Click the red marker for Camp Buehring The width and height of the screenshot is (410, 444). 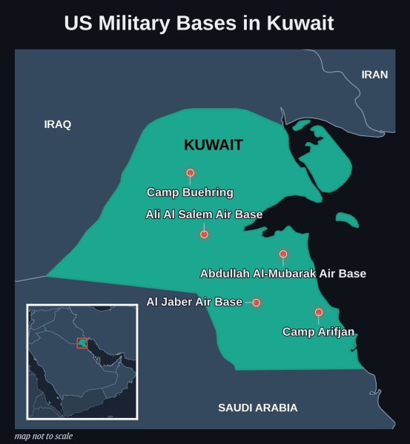point(191,173)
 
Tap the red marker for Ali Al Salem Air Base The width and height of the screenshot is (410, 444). point(204,235)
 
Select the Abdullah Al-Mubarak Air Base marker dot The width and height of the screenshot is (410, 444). point(283,254)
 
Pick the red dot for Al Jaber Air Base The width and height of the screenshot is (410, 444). point(257,303)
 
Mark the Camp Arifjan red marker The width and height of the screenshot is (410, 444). point(319,312)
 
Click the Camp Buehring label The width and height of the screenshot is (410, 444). point(190,192)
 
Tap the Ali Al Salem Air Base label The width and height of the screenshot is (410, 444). point(204,215)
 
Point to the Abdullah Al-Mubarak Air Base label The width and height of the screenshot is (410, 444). point(283,274)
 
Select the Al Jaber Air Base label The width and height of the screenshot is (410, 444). point(194,302)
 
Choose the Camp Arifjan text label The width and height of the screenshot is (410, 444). point(319,332)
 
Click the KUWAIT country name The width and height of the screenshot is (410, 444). point(214,145)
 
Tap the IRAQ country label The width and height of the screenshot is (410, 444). point(58,124)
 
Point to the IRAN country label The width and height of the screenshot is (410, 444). point(374,75)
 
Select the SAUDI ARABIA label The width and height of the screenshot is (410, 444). point(258,408)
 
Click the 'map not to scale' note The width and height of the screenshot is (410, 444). point(44,436)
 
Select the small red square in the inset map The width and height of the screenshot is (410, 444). point(82,343)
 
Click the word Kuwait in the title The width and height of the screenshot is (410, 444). point(302,24)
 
